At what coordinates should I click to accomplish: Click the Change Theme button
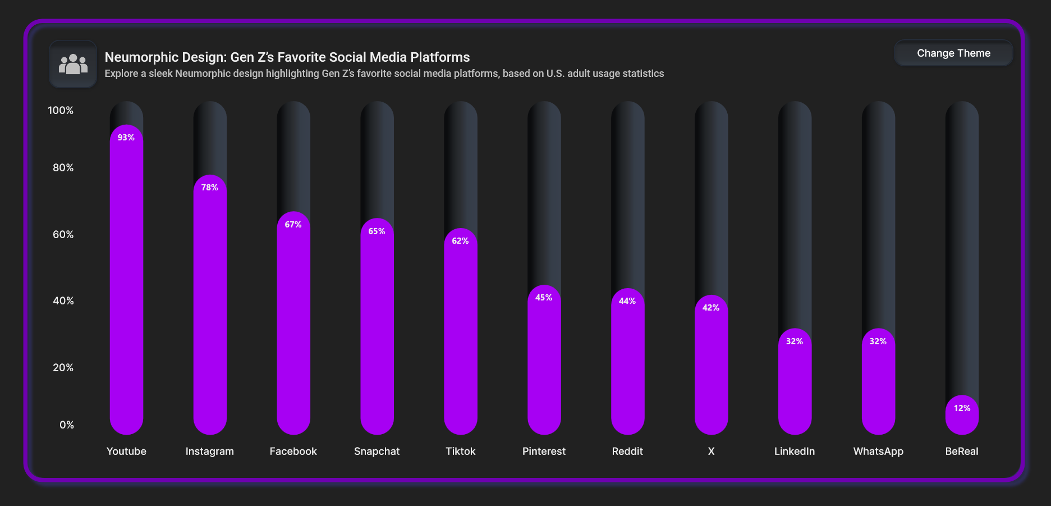tap(953, 53)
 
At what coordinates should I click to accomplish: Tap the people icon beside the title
tap(73, 64)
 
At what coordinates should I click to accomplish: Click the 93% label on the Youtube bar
tap(126, 138)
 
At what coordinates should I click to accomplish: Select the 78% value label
tap(210, 188)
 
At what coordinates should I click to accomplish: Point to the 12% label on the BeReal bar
tap(962, 408)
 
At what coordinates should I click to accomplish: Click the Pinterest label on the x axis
tap(544, 452)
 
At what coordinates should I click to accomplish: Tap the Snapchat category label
tap(377, 452)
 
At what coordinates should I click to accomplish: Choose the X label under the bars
tap(711, 452)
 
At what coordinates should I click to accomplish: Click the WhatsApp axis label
tap(878, 452)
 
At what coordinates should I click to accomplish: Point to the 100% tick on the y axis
tap(61, 111)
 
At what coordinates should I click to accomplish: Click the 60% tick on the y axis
tap(63, 235)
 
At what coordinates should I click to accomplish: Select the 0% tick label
tap(66, 425)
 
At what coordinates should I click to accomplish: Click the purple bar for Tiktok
tap(460, 337)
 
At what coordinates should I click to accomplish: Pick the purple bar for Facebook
tap(293, 331)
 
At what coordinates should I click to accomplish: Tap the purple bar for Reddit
tap(627, 365)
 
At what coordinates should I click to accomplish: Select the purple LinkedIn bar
tap(795, 388)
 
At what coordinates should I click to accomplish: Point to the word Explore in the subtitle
tap(121, 74)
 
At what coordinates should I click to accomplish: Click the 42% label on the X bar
tap(711, 308)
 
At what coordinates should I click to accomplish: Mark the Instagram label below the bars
tap(210, 452)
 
